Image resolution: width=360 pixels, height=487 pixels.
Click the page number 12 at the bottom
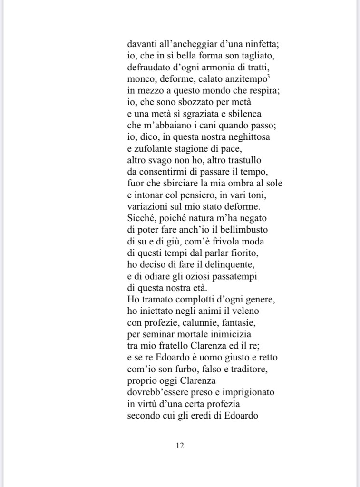tap(180, 446)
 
